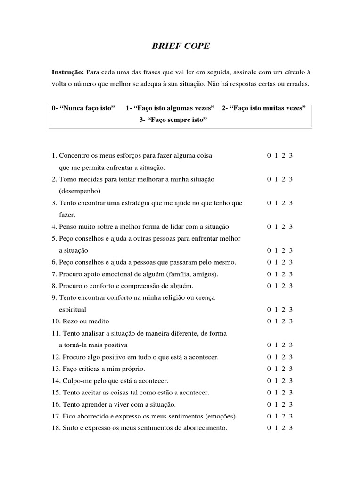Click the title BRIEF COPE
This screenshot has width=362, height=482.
(x=181, y=47)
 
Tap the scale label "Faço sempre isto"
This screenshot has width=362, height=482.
(x=173, y=120)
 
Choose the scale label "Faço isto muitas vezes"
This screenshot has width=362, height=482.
(x=264, y=108)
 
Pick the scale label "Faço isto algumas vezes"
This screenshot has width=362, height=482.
(x=170, y=108)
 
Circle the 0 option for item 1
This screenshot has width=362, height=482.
(x=269, y=156)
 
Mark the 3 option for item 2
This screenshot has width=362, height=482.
(x=291, y=179)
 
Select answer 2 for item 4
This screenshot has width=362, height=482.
(x=283, y=227)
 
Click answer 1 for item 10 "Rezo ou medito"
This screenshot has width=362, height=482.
(x=276, y=321)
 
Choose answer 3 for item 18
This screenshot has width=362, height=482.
(x=291, y=428)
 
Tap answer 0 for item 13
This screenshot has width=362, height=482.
(x=269, y=369)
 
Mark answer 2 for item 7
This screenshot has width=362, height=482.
(x=283, y=274)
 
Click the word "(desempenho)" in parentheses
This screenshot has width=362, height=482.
(x=80, y=191)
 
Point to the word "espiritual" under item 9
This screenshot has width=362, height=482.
(x=72, y=310)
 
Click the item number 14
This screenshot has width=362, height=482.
(x=56, y=381)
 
